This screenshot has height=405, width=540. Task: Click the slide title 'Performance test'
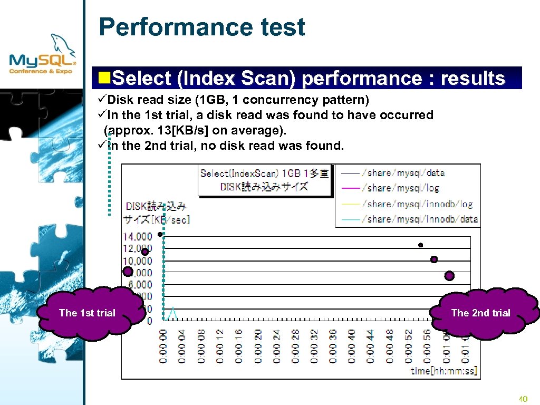[202, 27]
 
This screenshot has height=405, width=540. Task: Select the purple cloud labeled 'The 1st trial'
[88, 313]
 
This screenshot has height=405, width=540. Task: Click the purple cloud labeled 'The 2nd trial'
[480, 313]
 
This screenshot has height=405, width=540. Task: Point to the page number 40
[523, 399]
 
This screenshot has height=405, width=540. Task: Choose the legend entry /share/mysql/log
[400, 188]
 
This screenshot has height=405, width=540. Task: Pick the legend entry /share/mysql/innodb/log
[417, 204]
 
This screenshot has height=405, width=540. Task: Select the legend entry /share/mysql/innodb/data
[419, 219]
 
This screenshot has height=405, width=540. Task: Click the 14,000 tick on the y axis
[138, 236]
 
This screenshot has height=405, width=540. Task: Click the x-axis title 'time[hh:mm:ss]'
[444, 371]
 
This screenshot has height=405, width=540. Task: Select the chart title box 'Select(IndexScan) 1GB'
[265, 180]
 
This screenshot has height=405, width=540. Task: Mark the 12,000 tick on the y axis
[138, 248]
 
